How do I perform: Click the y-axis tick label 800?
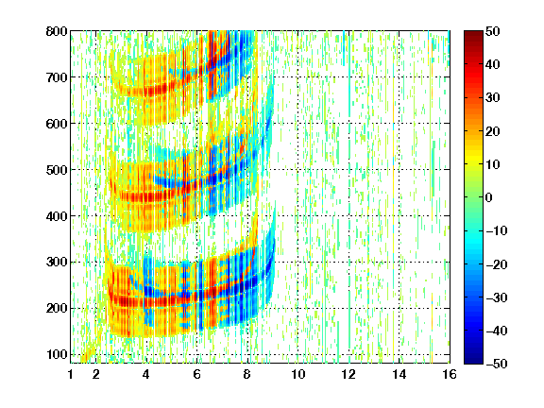[57, 31]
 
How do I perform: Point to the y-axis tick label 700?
[57, 77]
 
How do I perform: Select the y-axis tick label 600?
[57, 124]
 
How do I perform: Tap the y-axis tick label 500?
[57, 170]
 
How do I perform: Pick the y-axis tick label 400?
[57, 216]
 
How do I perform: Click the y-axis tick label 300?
[57, 262]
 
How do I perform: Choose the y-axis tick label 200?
[57, 308]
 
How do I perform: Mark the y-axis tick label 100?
[57, 354]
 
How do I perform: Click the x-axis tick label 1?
[71, 374]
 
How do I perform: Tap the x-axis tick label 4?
[146, 374]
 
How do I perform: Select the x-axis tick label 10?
[297, 374]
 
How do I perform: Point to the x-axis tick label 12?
[348, 374]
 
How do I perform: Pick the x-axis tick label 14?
[399, 374]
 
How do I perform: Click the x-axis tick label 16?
[450, 374]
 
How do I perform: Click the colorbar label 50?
[492, 31]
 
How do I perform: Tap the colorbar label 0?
[489, 197]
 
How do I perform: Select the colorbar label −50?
[497, 364]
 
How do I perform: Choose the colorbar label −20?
[497, 264]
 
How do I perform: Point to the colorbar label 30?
[492, 98]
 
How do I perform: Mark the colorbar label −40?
[497, 331]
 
